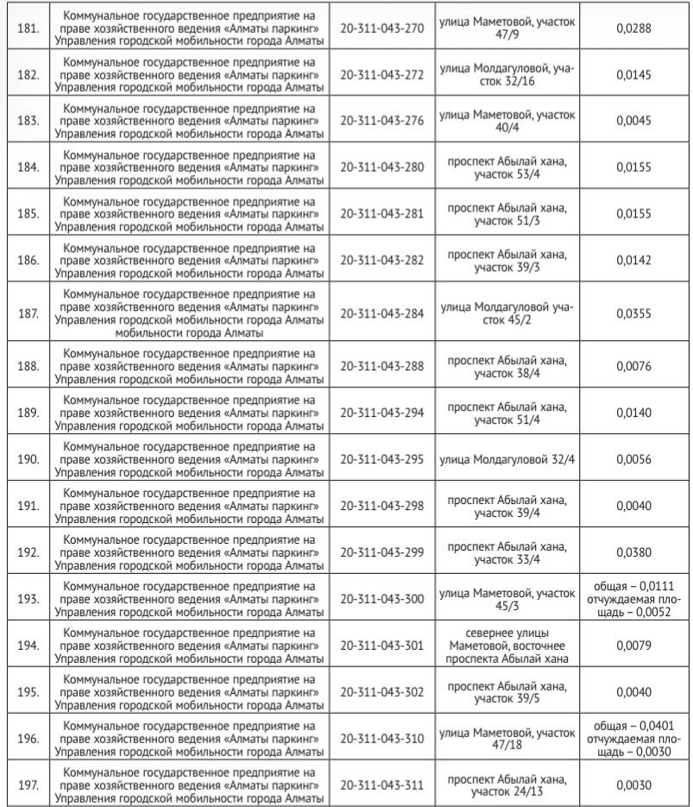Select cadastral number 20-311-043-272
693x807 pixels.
[x=383, y=74]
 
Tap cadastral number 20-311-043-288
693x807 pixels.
[x=383, y=366]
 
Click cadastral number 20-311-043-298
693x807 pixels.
[x=383, y=505]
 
